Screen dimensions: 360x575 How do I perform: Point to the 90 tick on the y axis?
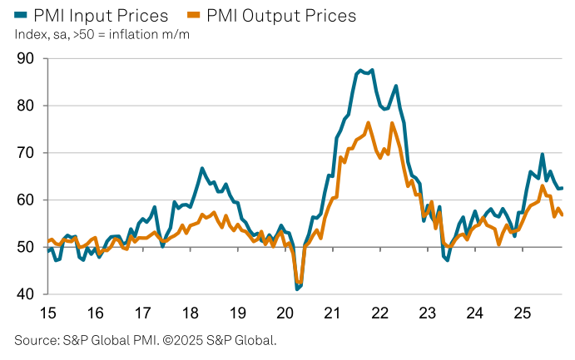click(24, 58)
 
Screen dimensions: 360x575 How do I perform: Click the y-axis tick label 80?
click(24, 106)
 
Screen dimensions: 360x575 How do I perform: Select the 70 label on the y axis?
click(24, 153)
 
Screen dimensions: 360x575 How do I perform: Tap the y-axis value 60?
click(24, 200)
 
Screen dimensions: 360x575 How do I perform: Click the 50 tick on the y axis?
click(24, 248)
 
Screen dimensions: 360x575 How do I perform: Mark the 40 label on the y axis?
click(24, 294)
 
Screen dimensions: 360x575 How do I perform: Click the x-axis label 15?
click(47, 313)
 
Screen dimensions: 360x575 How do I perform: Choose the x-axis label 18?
click(191, 313)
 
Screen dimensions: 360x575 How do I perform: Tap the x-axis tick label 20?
click(285, 313)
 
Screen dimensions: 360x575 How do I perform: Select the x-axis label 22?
click(380, 313)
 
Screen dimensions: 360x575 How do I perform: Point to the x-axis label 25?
click(523, 313)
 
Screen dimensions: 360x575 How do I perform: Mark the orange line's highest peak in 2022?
click(392, 123)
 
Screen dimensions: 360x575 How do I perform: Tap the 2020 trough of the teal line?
click(297, 288)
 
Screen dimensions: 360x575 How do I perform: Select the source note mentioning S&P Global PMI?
click(145, 340)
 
